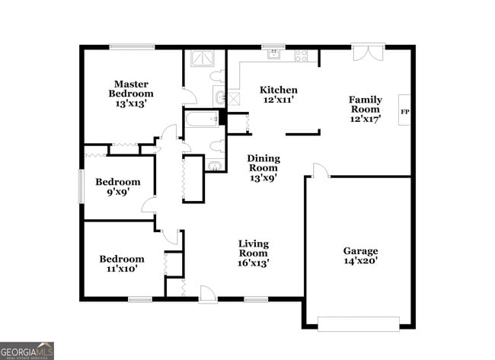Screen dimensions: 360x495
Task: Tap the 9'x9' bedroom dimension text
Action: tap(117, 193)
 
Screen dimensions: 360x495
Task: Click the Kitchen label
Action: tap(278, 90)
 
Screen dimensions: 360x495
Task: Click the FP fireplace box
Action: tap(404, 111)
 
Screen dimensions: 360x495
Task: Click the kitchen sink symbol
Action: tap(273, 54)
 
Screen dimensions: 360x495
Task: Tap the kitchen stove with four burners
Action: tap(301, 55)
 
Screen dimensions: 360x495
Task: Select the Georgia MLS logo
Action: tap(27, 350)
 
